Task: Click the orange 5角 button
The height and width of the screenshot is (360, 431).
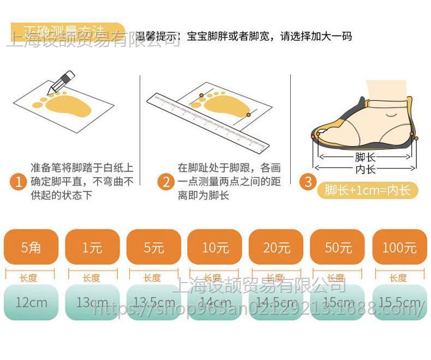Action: click(x=31, y=247)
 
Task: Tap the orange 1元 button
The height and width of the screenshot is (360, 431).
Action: click(x=92, y=247)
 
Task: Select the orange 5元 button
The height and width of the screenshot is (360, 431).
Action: click(x=154, y=247)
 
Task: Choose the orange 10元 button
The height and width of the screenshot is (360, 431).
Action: click(x=215, y=247)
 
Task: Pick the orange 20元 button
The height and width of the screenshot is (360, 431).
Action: click(x=276, y=247)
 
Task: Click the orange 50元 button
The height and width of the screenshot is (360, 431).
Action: click(x=338, y=247)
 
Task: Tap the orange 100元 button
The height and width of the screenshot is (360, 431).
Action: click(x=399, y=247)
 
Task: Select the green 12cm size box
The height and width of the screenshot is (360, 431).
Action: click(x=31, y=302)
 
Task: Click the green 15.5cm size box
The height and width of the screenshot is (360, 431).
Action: click(x=399, y=302)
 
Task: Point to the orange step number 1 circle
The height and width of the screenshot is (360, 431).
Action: click(x=20, y=182)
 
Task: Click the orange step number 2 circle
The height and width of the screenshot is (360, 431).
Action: click(x=166, y=182)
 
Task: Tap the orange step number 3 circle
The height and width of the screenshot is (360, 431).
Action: click(x=309, y=182)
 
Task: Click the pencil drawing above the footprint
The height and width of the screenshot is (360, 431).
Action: click(x=62, y=81)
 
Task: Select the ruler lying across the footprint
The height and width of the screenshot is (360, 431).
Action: click(x=208, y=121)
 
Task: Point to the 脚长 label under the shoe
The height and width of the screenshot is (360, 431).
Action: click(x=365, y=158)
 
